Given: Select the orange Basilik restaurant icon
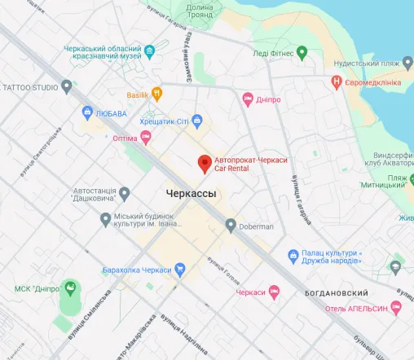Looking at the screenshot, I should pyautogui.click(x=158, y=94).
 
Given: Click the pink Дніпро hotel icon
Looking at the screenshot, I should pyautogui.click(x=249, y=99).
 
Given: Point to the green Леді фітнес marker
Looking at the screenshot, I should pyautogui.click(x=302, y=53).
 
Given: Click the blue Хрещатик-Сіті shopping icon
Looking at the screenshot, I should pyautogui.click(x=196, y=122).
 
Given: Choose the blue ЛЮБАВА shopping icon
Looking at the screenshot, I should pyautogui.click(x=87, y=112).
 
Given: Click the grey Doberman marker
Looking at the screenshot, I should pyautogui.click(x=231, y=225).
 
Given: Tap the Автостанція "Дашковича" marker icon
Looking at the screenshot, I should pyautogui.click(x=124, y=193).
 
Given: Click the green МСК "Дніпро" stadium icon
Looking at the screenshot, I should pyautogui.click(x=71, y=288).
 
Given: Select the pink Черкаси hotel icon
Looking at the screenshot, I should pyautogui.click(x=275, y=292).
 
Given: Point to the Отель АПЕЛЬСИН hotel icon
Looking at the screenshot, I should pyautogui.click(x=396, y=307).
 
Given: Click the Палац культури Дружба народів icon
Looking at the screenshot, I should pyautogui.click(x=293, y=254).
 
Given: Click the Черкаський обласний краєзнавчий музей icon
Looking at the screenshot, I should pyautogui.click(x=150, y=51).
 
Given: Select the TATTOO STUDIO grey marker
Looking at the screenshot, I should pyautogui.click(x=67, y=86).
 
